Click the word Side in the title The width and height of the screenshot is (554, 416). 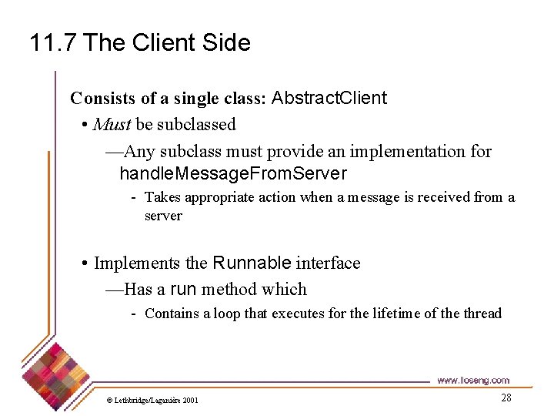coord(227,42)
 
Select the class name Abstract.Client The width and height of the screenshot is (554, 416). coord(329,99)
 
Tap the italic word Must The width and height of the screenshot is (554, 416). coord(112,125)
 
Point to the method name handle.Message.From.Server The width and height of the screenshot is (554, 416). coord(233,174)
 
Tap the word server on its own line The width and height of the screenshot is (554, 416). coord(163,216)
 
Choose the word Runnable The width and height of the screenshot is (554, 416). coord(252,263)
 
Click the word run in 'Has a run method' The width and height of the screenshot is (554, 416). coord(183,290)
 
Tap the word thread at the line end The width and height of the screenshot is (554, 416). coord(482,314)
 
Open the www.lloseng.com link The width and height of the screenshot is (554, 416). coord(472,381)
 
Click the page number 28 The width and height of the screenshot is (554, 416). coord(506,398)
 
